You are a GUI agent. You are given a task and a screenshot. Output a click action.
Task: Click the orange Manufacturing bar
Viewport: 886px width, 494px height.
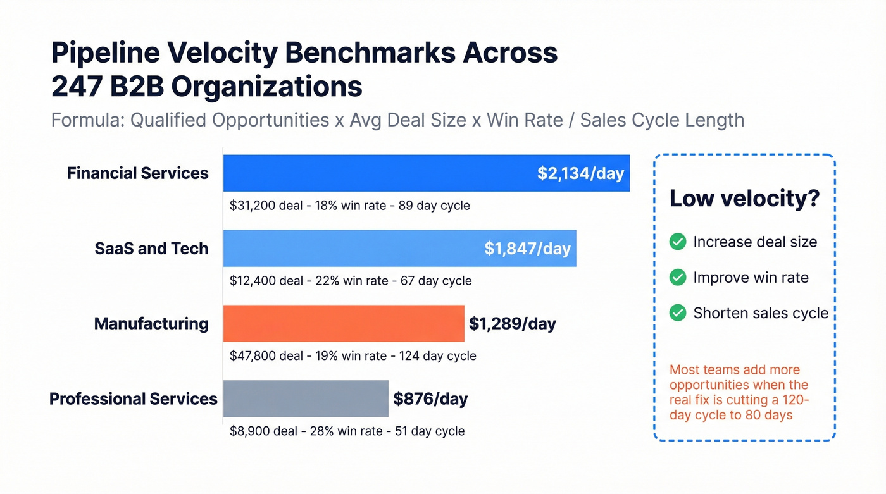(x=344, y=324)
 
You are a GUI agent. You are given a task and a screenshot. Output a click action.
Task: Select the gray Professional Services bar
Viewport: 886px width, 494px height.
(x=306, y=398)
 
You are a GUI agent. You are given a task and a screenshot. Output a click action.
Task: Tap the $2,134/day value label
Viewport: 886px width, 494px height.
(x=580, y=173)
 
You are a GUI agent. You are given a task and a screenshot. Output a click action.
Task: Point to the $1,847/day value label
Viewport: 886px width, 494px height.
(x=527, y=249)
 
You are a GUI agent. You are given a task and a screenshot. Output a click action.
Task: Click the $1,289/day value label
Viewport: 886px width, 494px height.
(x=512, y=324)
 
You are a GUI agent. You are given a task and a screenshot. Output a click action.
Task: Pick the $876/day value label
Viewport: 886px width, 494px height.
(x=430, y=399)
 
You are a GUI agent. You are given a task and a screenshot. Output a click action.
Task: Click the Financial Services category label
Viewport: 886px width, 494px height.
(x=137, y=173)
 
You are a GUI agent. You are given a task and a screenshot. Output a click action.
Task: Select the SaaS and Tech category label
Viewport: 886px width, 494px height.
(x=151, y=249)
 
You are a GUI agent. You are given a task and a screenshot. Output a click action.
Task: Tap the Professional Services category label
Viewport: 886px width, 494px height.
(x=133, y=399)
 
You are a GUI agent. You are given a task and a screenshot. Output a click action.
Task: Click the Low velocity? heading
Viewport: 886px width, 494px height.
(x=744, y=199)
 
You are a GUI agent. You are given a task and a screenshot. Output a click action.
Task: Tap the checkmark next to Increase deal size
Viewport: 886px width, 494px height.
(x=678, y=242)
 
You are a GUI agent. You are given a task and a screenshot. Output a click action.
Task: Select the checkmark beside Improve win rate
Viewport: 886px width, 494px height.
(x=678, y=277)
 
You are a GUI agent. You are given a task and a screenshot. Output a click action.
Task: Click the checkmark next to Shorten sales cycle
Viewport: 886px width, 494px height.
(x=678, y=312)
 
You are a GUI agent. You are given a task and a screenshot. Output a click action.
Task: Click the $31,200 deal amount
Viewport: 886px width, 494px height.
(x=253, y=206)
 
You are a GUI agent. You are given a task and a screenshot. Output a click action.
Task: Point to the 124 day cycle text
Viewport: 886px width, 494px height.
(x=437, y=356)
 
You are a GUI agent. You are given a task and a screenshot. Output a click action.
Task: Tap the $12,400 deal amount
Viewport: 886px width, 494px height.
(x=253, y=281)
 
